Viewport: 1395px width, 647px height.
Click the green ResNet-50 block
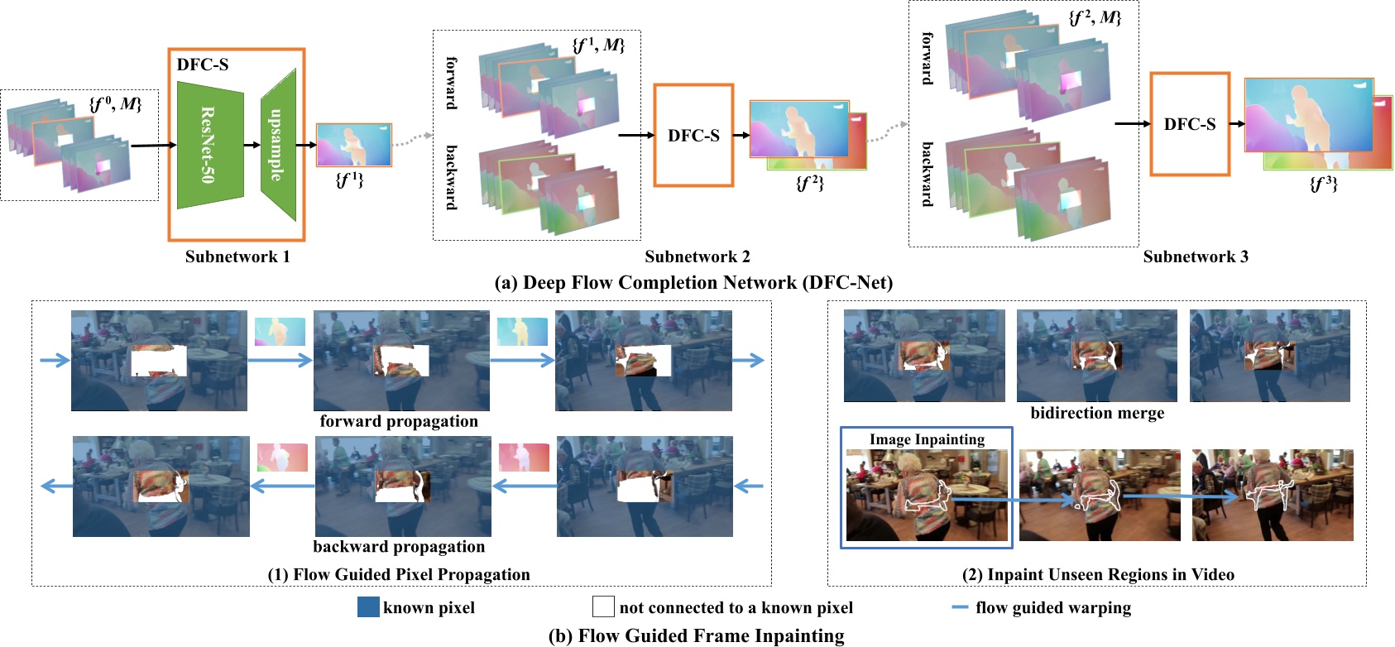point(210,145)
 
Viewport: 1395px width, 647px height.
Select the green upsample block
point(279,145)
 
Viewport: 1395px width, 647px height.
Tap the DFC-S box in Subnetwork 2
point(693,136)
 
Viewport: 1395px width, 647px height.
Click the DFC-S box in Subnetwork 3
point(1189,124)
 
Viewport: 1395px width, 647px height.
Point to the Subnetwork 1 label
point(237,256)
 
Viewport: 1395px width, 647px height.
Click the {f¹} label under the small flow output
point(349,179)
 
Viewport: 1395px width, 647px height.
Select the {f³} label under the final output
point(1323,184)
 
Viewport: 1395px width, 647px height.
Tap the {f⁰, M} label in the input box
point(116,103)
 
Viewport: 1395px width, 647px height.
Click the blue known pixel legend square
point(368,607)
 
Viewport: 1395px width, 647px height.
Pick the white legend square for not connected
point(603,607)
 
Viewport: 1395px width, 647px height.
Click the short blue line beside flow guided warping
point(960,607)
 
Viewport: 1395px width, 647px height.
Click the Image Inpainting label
point(927,439)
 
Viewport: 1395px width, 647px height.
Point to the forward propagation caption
point(399,421)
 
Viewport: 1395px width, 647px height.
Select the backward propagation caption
point(399,546)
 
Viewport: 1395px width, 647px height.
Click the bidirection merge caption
point(1097,413)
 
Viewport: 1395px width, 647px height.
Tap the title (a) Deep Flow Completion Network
point(693,283)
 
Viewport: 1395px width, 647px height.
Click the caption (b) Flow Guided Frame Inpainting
point(696,635)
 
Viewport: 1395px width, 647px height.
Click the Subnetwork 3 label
point(1196,256)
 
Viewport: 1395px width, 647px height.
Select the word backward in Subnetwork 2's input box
point(452,177)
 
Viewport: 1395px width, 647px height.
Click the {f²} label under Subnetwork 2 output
point(809,184)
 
